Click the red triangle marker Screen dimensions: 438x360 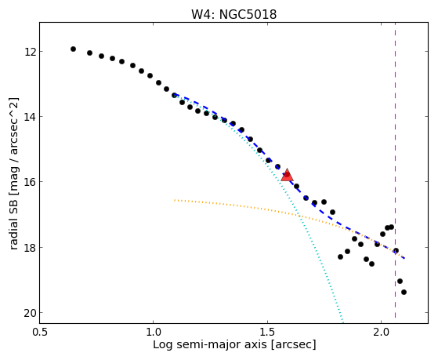pyautogui.click(x=287, y=175)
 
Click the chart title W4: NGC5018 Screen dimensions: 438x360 pyautogui.click(x=233, y=15)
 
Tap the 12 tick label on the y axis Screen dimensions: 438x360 pyautogui.click(x=30, y=52)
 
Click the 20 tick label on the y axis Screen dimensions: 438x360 pyautogui.click(x=30, y=313)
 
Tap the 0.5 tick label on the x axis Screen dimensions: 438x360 pyautogui.click(x=40, y=332)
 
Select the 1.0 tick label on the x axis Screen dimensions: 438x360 pyautogui.click(x=154, y=332)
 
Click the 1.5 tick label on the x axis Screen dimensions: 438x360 pyautogui.click(x=268, y=332)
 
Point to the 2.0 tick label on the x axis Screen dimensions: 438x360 pyautogui.click(x=382, y=332)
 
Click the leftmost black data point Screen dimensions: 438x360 pyautogui.click(x=73, y=49)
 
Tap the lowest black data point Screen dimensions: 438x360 pyautogui.click(x=404, y=292)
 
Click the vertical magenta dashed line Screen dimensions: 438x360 pyautogui.click(x=395, y=170)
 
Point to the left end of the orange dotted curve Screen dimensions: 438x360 pyautogui.click(x=175, y=200)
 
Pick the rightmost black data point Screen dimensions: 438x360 pyautogui.click(x=404, y=292)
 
